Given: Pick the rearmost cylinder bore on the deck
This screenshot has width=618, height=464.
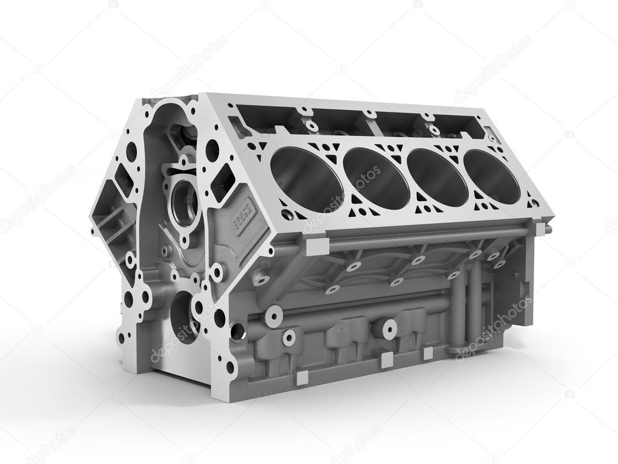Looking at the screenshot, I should pos(491,176).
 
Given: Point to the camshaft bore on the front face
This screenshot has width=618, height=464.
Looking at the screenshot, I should pos(183,203).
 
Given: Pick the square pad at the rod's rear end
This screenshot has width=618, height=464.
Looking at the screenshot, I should pos(540,229).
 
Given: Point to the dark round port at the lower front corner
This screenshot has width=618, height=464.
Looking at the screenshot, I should pos(237,330).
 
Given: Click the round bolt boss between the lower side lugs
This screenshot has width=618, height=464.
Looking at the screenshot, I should pos(387,329).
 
